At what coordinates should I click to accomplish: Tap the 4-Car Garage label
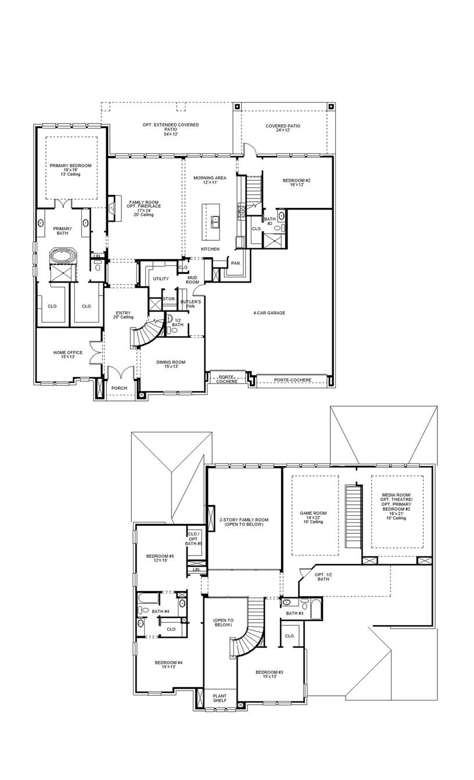[269, 313]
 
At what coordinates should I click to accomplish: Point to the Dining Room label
[171, 364]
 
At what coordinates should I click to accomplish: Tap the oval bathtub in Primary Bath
[60, 255]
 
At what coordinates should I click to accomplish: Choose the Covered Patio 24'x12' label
[283, 128]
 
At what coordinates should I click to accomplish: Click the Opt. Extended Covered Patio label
[171, 128]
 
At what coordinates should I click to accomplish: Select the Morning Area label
[210, 180]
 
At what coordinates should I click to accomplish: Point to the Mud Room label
[193, 280]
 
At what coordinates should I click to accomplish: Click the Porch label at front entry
[120, 388]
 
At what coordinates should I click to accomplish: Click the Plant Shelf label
[220, 699]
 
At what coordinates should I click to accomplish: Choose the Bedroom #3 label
[269, 674]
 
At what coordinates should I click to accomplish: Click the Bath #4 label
[161, 611]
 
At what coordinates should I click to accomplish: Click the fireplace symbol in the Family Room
[112, 208]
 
